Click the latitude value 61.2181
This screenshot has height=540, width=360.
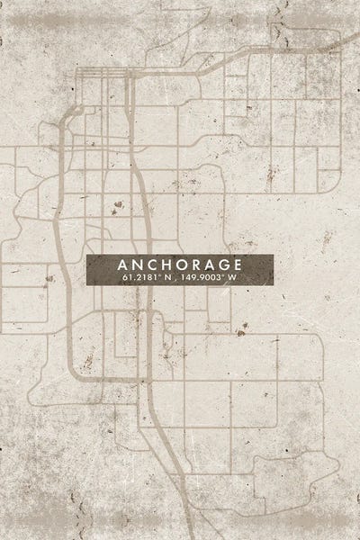coord(138,278)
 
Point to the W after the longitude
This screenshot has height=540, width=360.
coord(233,278)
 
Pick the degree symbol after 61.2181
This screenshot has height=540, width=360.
coord(157,275)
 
